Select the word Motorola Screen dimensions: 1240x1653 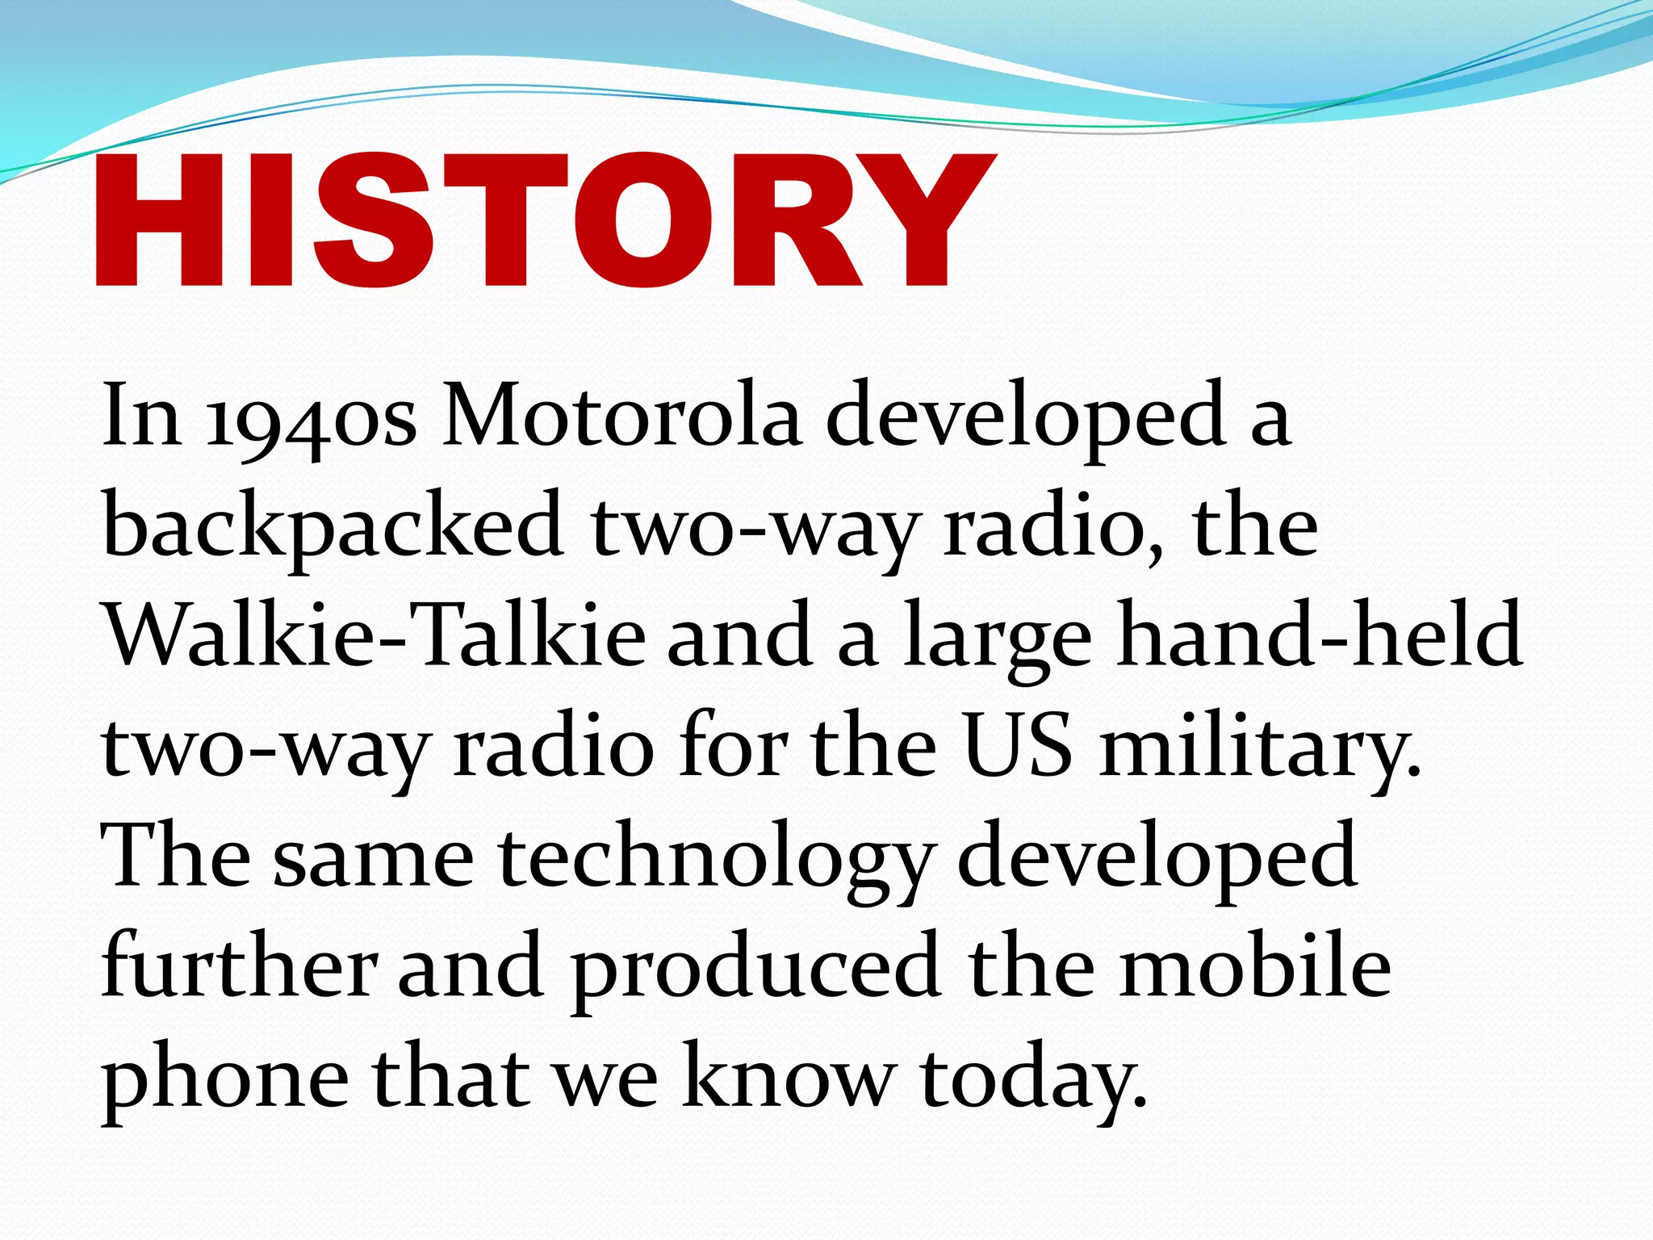click(x=621, y=417)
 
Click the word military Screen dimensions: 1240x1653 click(x=1260, y=747)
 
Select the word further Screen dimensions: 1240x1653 click(x=239, y=966)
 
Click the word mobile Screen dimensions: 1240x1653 click(x=1255, y=966)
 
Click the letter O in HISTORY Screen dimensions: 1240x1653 click(x=652, y=220)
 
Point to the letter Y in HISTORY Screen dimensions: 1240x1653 click(x=924, y=220)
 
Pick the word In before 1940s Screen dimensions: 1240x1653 click(x=141, y=417)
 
